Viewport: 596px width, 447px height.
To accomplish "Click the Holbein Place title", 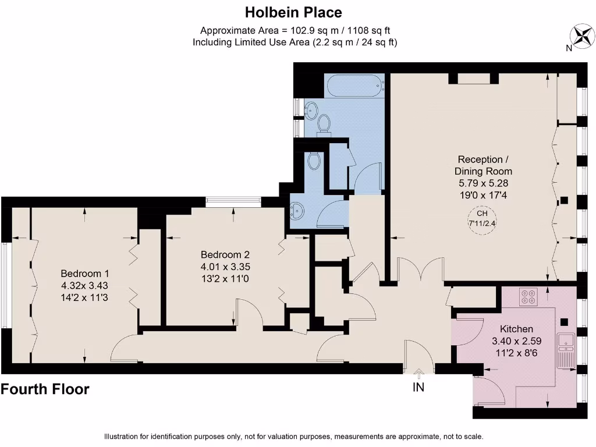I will (x=293, y=12).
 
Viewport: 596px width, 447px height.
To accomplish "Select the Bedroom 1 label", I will (x=85, y=274).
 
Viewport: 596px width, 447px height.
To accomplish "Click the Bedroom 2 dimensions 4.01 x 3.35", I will (x=225, y=267).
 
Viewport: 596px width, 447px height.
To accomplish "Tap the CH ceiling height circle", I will (x=482, y=218).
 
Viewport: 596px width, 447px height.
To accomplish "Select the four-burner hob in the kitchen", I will (x=530, y=297).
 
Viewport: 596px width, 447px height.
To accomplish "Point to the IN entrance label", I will (x=418, y=387).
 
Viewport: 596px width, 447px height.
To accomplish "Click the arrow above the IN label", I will (x=418, y=372).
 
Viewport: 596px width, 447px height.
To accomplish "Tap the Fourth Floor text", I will (x=45, y=389).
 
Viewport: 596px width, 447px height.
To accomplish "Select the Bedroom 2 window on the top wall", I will (x=233, y=201).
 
